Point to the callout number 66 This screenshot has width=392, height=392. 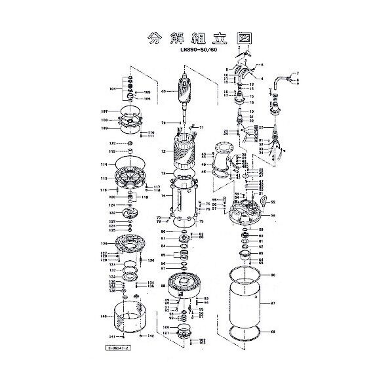pyautogui.click(x=273, y=275)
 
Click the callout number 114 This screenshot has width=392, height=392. pyautogui.click(x=103, y=165)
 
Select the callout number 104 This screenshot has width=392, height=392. pyautogui.click(x=113, y=88)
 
